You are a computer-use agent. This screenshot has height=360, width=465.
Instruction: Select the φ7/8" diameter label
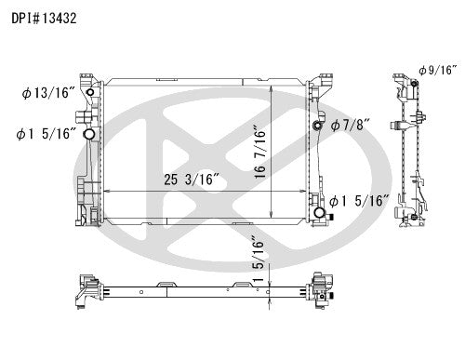(x=349, y=127)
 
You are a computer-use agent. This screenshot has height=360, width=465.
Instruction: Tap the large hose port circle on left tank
(x=89, y=136)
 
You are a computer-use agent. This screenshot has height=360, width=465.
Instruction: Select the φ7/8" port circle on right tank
(x=318, y=127)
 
